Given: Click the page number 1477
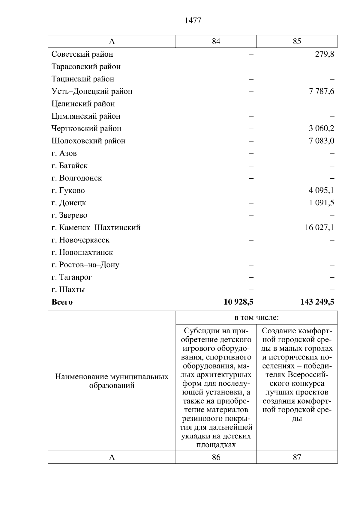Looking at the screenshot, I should [x=193, y=21].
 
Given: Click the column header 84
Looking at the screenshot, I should [x=216, y=41].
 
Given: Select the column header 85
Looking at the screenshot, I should [x=297, y=41].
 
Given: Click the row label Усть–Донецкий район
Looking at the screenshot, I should [x=92, y=91].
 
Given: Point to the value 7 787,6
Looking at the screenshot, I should [x=321, y=91].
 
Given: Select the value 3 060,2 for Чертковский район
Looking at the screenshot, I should [x=321, y=129].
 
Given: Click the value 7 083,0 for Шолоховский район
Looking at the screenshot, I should [x=321, y=141].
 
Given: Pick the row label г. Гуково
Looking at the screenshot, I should [x=68, y=190].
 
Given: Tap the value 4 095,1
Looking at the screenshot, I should [x=321, y=190].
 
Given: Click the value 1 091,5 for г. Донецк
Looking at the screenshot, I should [x=321, y=203].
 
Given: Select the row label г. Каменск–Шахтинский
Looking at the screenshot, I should [x=96, y=228].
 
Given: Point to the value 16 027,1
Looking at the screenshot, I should [x=319, y=228].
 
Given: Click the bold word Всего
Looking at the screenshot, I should [x=62, y=302].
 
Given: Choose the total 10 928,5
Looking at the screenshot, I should [x=238, y=302].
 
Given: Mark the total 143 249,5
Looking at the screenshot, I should [x=317, y=302].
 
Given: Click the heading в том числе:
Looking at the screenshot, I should [x=256, y=318].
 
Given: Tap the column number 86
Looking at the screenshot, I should [x=216, y=457].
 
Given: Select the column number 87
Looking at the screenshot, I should [x=297, y=457].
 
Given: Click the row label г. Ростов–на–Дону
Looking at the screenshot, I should [x=85, y=265].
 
